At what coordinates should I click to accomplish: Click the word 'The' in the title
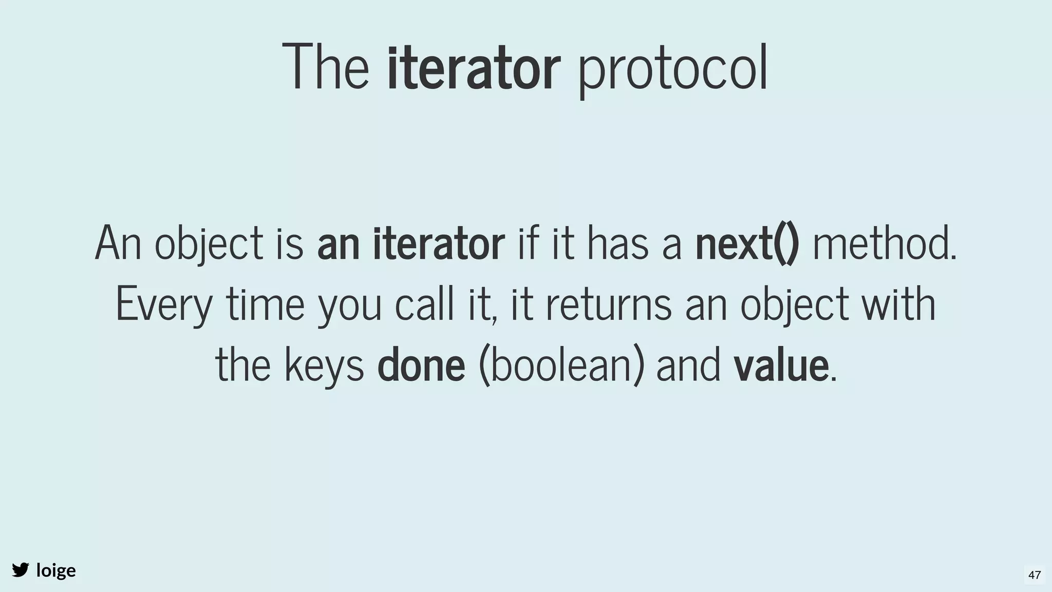click(x=326, y=68)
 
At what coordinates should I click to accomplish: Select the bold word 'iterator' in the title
click(x=473, y=68)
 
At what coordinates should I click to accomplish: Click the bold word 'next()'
click(x=747, y=244)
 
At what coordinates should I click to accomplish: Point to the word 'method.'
click(x=885, y=244)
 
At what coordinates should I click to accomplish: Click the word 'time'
click(x=266, y=304)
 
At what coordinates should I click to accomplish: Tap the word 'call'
click(x=424, y=304)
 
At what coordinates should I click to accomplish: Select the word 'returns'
click(x=608, y=304)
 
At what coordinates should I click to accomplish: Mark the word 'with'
click(x=898, y=304)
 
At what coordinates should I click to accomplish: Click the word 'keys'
click(x=324, y=365)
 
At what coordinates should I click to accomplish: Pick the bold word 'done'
click(x=421, y=365)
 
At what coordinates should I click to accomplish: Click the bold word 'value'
click(x=781, y=365)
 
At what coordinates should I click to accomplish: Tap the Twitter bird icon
click(x=21, y=570)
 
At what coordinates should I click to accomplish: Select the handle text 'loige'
click(x=56, y=570)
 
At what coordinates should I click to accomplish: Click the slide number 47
click(x=1035, y=575)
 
